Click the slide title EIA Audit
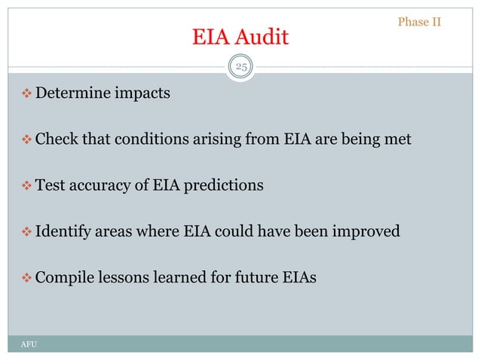[240, 36]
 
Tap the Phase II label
[418, 21]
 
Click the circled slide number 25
[240, 69]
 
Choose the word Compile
[64, 277]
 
